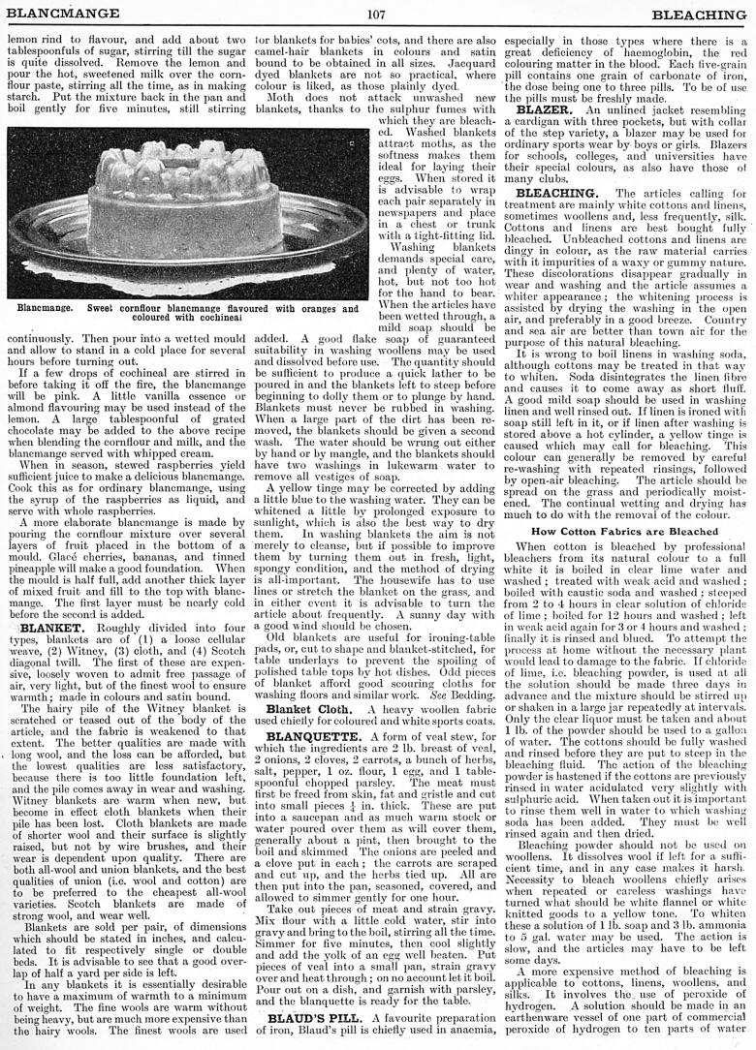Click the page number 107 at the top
(x=377, y=15)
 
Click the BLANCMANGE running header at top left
(x=63, y=15)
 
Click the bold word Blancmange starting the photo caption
(x=45, y=309)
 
